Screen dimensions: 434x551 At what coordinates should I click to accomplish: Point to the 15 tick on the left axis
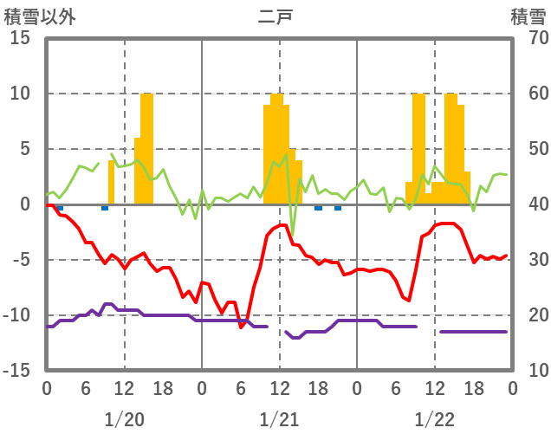pyautogui.click(x=22, y=38)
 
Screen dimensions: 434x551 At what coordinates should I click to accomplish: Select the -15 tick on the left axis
pyautogui.click(x=18, y=370)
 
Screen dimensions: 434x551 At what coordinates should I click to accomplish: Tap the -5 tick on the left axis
pyautogui.click(x=22, y=260)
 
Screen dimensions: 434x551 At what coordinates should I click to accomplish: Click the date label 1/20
pyautogui.click(x=124, y=419)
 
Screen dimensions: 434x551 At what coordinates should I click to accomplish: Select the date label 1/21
pyautogui.click(x=279, y=419)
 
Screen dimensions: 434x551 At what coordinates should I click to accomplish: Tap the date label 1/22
pyautogui.click(x=434, y=419)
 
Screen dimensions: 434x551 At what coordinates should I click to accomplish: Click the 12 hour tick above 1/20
pyautogui.click(x=124, y=388)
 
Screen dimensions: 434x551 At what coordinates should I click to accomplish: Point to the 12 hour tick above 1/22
pyautogui.click(x=434, y=388)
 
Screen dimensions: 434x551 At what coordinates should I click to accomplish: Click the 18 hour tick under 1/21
pyautogui.click(x=318, y=388)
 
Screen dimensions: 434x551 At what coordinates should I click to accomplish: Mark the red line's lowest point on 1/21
pyautogui.click(x=242, y=327)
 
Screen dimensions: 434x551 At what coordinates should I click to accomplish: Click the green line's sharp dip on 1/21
pyautogui.click(x=292, y=235)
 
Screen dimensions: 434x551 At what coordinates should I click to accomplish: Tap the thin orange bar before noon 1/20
pyautogui.click(x=111, y=182)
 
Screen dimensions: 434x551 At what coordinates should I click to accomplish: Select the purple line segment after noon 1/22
pyautogui.click(x=473, y=332)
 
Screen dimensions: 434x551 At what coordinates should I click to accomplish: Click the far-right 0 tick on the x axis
pyautogui.click(x=512, y=388)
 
